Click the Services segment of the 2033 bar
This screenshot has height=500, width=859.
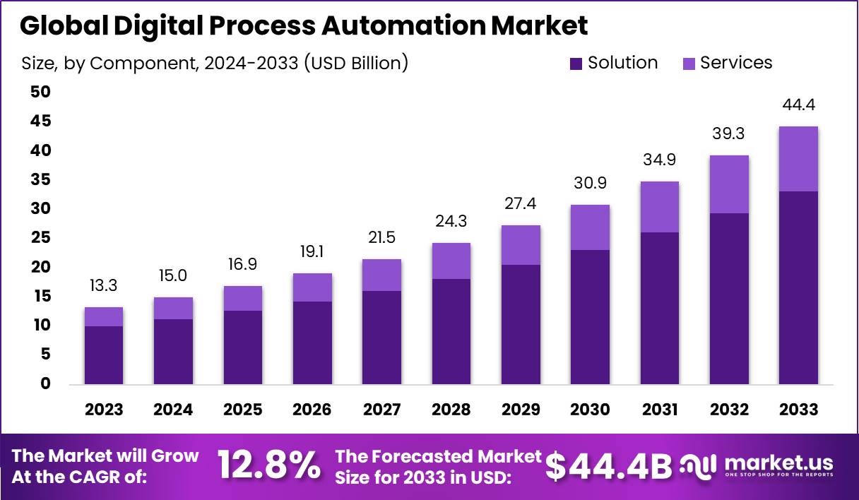[x=798, y=159]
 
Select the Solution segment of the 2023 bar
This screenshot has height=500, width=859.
[x=104, y=355]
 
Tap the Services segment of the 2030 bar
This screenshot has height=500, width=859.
[x=590, y=227]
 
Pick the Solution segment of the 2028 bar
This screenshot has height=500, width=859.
[x=451, y=332]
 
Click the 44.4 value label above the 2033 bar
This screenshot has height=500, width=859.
[x=798, y=105]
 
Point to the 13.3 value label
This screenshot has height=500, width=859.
[x=104, y=286]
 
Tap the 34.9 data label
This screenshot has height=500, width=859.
[x=659, y=160]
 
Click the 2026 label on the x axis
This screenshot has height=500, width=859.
[x=312, y=410]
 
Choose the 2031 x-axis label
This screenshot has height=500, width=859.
[x=659, y=410]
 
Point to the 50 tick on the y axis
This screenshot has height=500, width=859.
[x=40, y=92]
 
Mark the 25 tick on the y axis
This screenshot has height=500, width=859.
[x=40, y=238]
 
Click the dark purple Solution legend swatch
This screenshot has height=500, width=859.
[x=576, y=64]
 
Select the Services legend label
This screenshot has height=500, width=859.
[x=736, y=63]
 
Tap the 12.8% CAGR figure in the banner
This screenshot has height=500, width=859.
[x=268, y=466]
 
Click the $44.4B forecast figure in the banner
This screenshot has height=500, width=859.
[x=609, y=466]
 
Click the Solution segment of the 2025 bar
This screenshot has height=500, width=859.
[x=243, y=347]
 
